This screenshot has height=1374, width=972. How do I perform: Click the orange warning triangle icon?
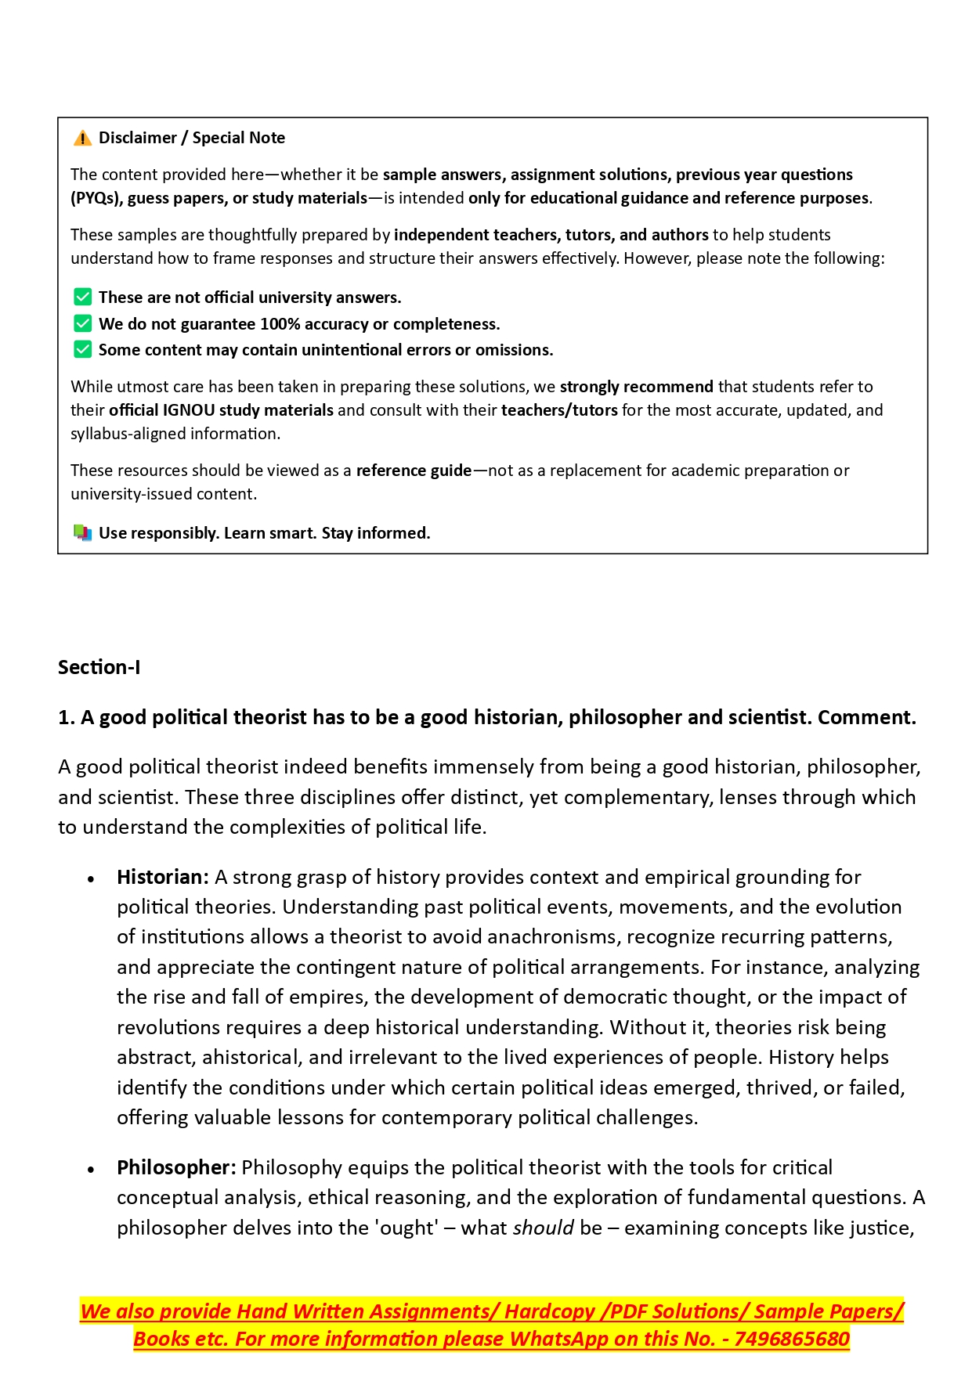[82, 139]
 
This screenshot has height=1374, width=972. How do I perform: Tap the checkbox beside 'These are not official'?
[82, 298]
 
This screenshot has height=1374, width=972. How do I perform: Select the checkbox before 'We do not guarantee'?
[82, 323]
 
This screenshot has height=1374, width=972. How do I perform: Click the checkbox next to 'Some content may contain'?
[82, 349]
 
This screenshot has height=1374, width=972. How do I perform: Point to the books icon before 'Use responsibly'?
[82, 533]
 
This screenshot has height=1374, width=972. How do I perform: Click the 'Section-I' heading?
[99, 667]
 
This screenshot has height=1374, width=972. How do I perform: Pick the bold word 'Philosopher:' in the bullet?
[176, 1167]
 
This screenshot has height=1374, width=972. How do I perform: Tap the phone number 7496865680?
[792, 1339]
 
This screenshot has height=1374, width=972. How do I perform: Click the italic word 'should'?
[543, 1228]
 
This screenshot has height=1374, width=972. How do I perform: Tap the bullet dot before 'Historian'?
[92, 879]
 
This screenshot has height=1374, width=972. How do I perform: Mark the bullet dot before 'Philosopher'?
[92, 1170]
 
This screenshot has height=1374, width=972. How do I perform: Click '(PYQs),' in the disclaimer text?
[97, 198]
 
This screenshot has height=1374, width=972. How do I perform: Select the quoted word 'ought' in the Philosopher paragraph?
[407, 1228]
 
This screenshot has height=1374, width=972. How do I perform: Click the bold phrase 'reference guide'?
[414, 471]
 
